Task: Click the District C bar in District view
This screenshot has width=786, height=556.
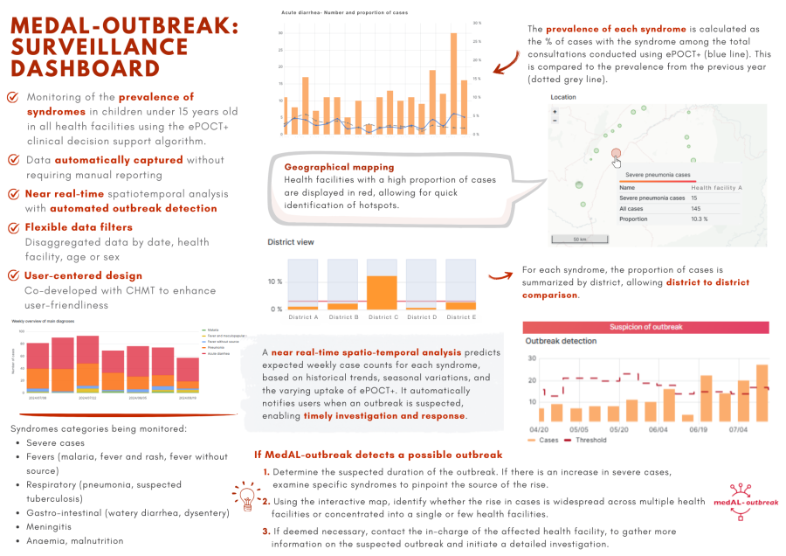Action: tap(383, 292)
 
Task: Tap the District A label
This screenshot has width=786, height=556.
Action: tap(302, 317)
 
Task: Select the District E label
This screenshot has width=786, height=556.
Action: tap(461, 317)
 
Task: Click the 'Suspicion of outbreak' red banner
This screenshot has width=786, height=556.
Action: tap(645, 326)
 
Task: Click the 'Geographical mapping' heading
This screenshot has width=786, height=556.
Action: tap(339, 166)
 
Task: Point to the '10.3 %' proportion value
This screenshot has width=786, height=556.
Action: tap(701, 219)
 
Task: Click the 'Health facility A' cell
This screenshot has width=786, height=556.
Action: tap(717, 187)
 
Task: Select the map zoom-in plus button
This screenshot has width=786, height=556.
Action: tap(555, 112)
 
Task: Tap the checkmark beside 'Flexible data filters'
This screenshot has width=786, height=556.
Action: tap(13, 228)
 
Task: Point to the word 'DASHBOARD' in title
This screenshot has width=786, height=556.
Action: tap(86, 67)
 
